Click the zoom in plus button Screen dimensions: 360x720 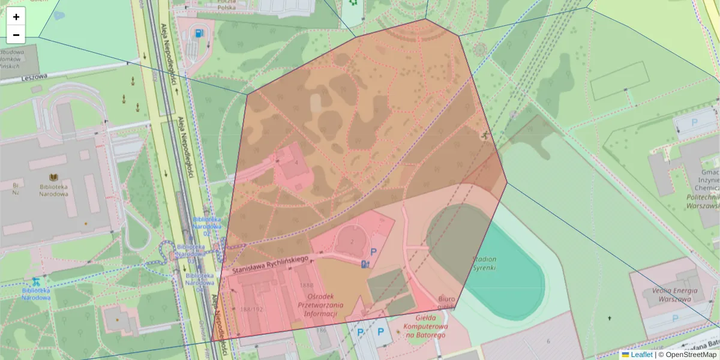pos(16,17)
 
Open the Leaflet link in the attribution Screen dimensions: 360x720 pos(641,355)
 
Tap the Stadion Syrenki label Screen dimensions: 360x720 pos(484,263)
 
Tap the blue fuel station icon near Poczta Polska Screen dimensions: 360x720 pos(199,33)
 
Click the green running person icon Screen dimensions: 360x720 pos(484,136)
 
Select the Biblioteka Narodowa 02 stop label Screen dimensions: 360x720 pos(208,223)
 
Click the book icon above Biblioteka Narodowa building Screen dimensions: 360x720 pos(53,177)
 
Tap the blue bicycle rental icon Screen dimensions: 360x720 pos(36,281)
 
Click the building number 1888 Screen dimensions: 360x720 pos(306,285)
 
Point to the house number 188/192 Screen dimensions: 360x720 pos(251,310)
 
